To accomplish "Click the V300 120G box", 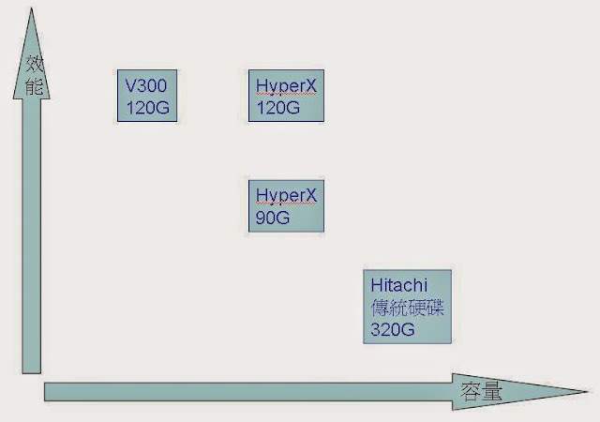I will [145, 95].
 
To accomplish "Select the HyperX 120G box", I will [287, 95].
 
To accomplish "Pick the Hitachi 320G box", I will [408, 306].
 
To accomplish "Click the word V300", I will [144, 85].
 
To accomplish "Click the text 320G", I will [392, 329].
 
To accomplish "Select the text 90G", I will [273, 218].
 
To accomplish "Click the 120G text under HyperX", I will [277, 107].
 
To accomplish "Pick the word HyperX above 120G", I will [286, 85].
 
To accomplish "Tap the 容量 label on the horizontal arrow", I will [482, 391].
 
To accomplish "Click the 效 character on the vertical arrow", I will [34, 66].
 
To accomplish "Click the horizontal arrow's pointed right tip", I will [587, 391].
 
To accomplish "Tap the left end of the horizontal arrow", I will [47, 391].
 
